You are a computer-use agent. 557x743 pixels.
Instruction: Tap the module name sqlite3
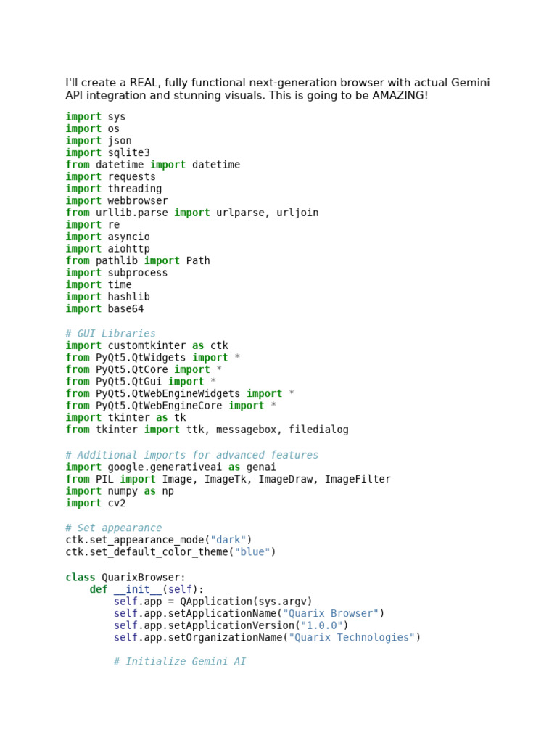click(x=129, y=152)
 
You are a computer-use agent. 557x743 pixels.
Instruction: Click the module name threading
click(x=135, y=189)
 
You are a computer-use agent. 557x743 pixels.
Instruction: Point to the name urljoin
click(x=297, y=213)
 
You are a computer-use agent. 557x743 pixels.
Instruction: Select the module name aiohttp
click(x=129, y=249)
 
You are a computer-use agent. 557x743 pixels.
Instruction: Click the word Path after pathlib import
click(x=198, y=260)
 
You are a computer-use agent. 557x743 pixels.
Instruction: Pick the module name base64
click(x=126, y=308)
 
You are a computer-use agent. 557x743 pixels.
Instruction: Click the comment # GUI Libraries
click(x=110, y=334)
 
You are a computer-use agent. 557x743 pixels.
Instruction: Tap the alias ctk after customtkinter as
click(x=219, y=345)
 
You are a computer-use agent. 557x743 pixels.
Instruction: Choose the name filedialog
click(x=318, y=430)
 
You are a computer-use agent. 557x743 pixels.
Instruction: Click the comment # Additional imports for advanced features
click(x=191, y=455)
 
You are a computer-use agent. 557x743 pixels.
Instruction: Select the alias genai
click(x=261, y=467)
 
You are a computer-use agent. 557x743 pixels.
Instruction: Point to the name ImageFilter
click(x=358, y=479)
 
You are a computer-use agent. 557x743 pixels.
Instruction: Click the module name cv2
click(x=117, y=503)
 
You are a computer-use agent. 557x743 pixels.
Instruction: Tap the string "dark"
click(x=228, y=540)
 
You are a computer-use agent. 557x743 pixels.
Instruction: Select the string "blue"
click(x=252, y=551)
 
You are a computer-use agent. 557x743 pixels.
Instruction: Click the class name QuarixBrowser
click(x=144, y=578)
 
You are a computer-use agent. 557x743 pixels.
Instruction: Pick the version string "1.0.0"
click(x=321, y=625)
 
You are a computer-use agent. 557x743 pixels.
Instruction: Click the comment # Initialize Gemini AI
click(x=180, y=662)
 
